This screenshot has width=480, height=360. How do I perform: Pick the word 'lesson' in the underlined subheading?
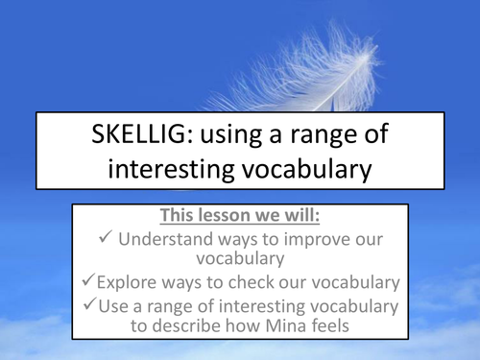241,216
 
